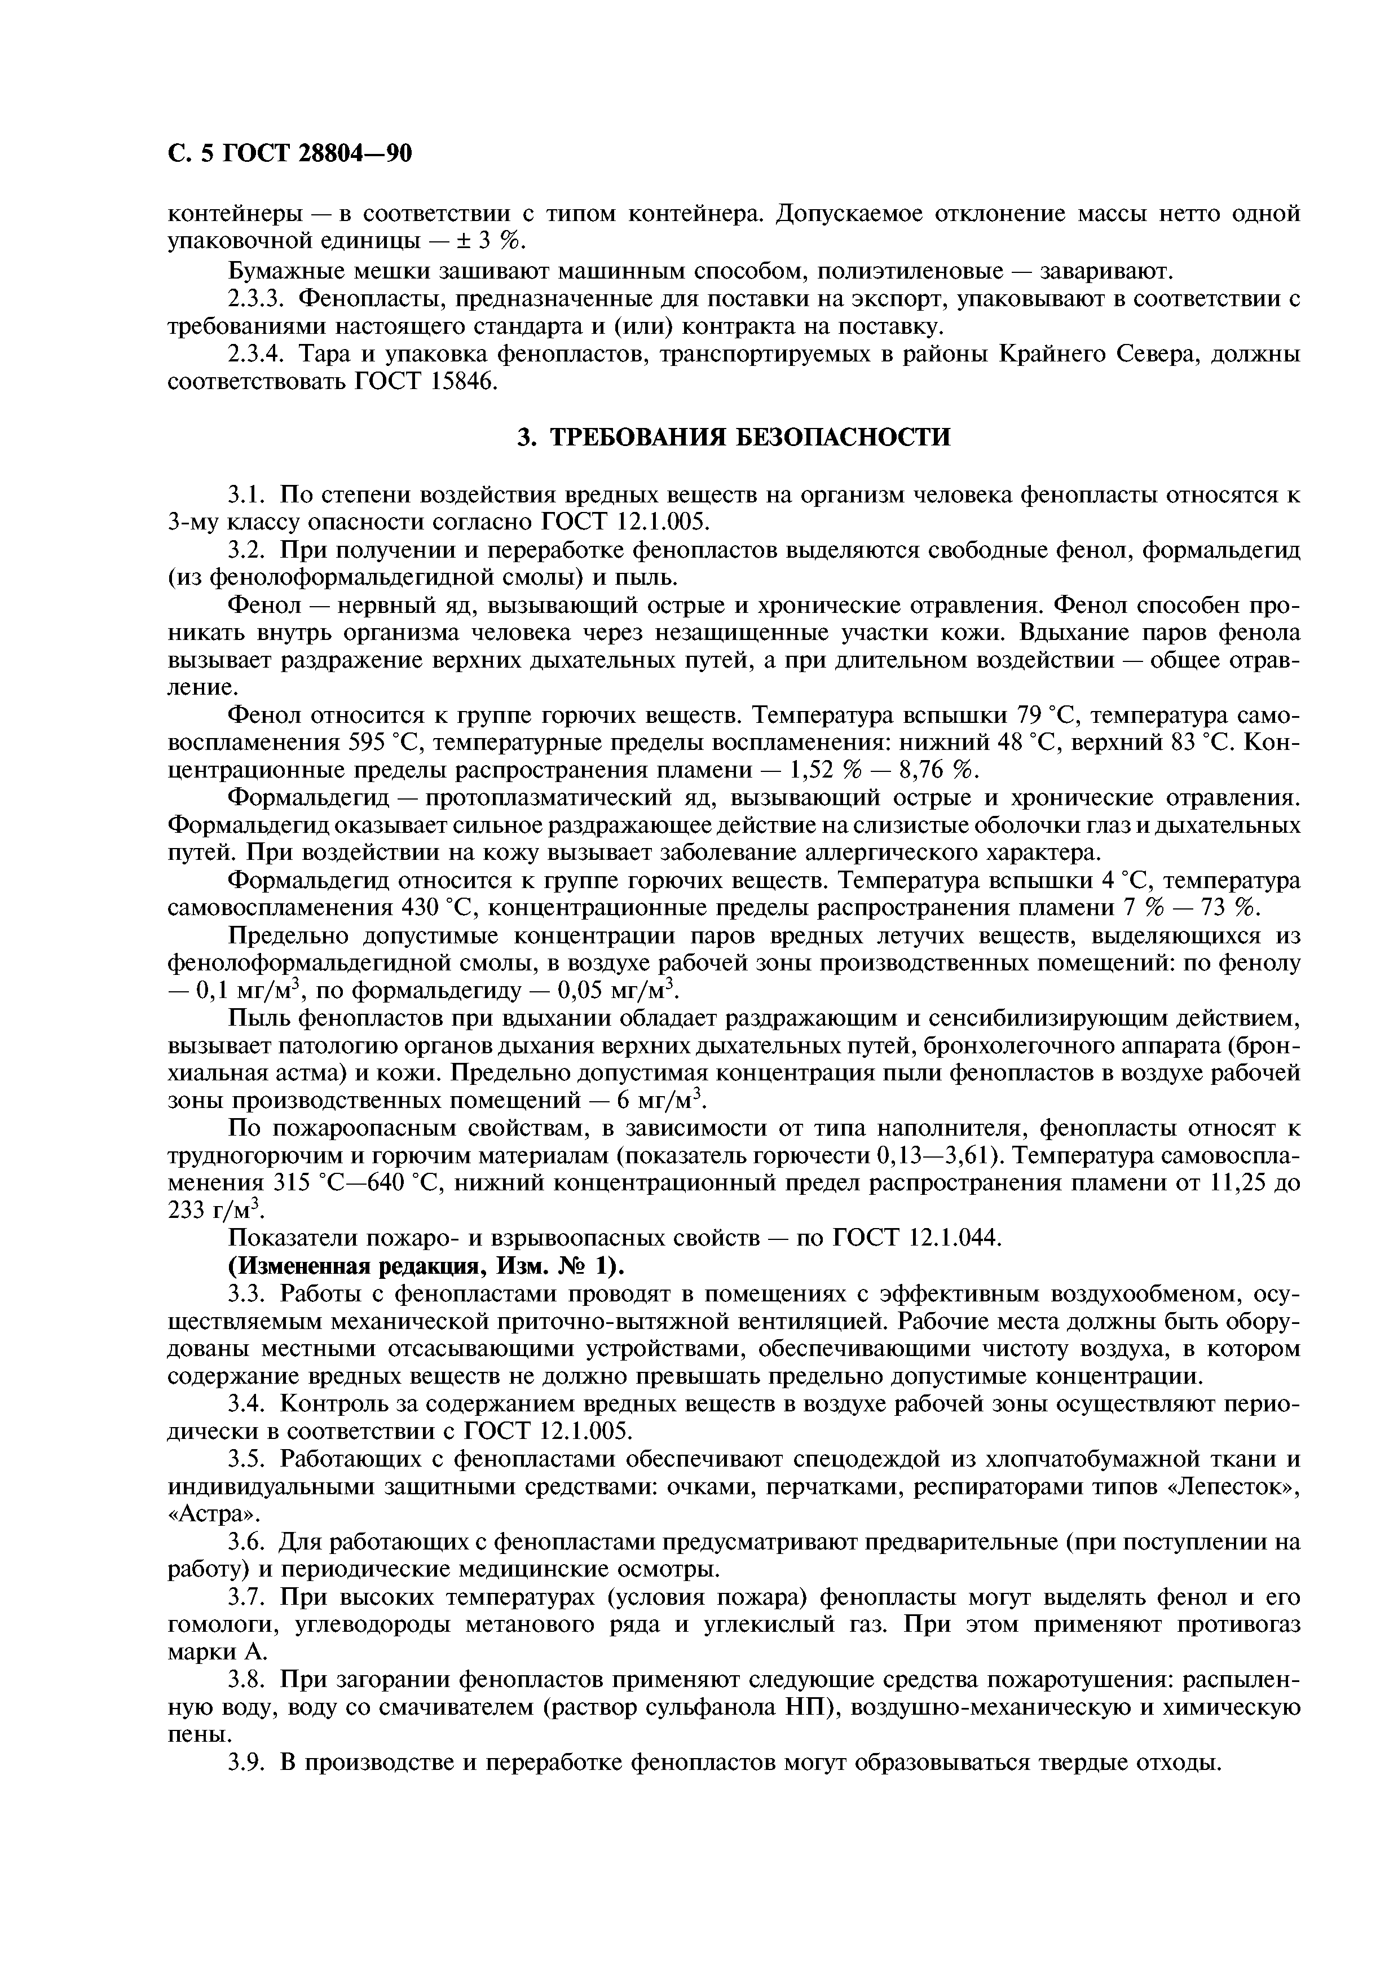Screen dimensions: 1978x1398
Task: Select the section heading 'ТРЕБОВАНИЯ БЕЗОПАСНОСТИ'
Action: (x=750, y=438)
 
